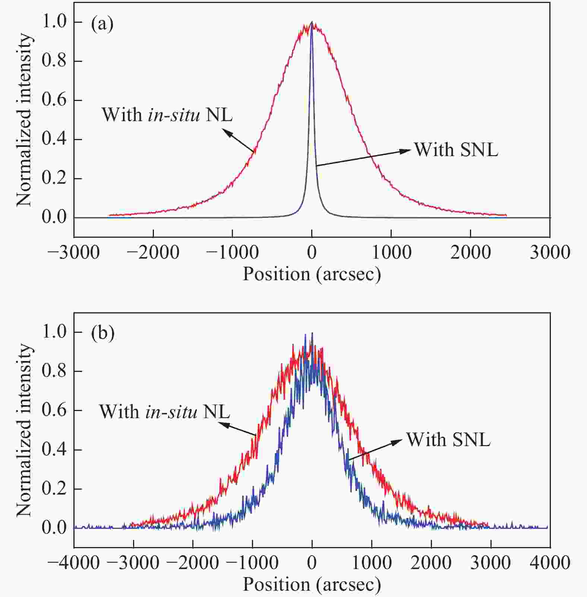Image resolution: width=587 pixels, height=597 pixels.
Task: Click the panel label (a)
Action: pyautogui.click(x=102, y=24)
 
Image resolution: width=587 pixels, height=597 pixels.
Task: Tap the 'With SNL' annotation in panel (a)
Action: pyautogui.click(x=456, y=150)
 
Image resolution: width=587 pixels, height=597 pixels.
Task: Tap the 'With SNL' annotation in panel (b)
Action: pyautogui.click(x=448, y=439)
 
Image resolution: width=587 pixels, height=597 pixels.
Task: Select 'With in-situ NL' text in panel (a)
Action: pyautogui.click(x=167, y=114)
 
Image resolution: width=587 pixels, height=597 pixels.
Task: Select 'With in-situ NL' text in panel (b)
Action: pyautogui.click(x=164, y=412)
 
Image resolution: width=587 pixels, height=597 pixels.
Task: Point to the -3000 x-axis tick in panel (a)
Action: pyautogui.click(x=74, y=253)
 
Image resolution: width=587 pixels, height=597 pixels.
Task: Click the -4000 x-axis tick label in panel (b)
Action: pyautogui.click(x=74, y=562)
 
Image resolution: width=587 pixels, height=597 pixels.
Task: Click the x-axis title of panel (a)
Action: pyautogui.click(x=312, y=274)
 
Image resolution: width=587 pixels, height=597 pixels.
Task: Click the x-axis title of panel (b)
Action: pyautogui.click(x=312, y=584)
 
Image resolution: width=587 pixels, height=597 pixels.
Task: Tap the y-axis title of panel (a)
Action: pyautogui.click(x=24, y=119)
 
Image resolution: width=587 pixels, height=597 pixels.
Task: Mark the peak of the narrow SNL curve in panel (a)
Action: pyautogui.click(x=312, y=22)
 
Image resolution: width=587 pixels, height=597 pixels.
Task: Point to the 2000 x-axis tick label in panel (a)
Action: pyautogui.click(x=470, y=253)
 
